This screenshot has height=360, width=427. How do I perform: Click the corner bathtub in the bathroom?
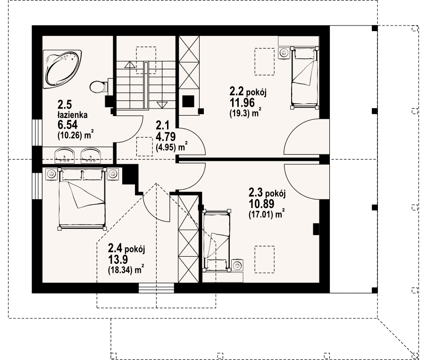pos(62,68)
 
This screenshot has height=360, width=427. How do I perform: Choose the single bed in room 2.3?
pos(217,241)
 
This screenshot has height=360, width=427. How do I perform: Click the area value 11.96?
pos(242,103)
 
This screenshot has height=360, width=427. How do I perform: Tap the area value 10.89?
pos(261,204)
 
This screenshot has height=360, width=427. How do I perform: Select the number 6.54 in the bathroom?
pos(67,125)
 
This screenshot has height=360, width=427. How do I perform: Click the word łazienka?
pos(73,115)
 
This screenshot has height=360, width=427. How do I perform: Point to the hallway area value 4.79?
pos(166,137)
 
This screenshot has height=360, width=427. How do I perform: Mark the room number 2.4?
pos(115,248)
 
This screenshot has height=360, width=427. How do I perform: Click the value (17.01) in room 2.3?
pos(261,215)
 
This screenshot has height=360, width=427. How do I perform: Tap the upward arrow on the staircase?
pos(130,65)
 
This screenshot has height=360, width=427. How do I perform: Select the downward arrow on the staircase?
pos(162,105)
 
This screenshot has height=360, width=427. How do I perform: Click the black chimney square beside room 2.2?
pos(188,101)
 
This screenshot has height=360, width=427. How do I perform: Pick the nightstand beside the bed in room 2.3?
pos(237,265)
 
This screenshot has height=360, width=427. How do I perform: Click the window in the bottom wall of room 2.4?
pos(156,288)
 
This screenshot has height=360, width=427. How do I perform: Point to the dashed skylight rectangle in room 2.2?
pos(264,61)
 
